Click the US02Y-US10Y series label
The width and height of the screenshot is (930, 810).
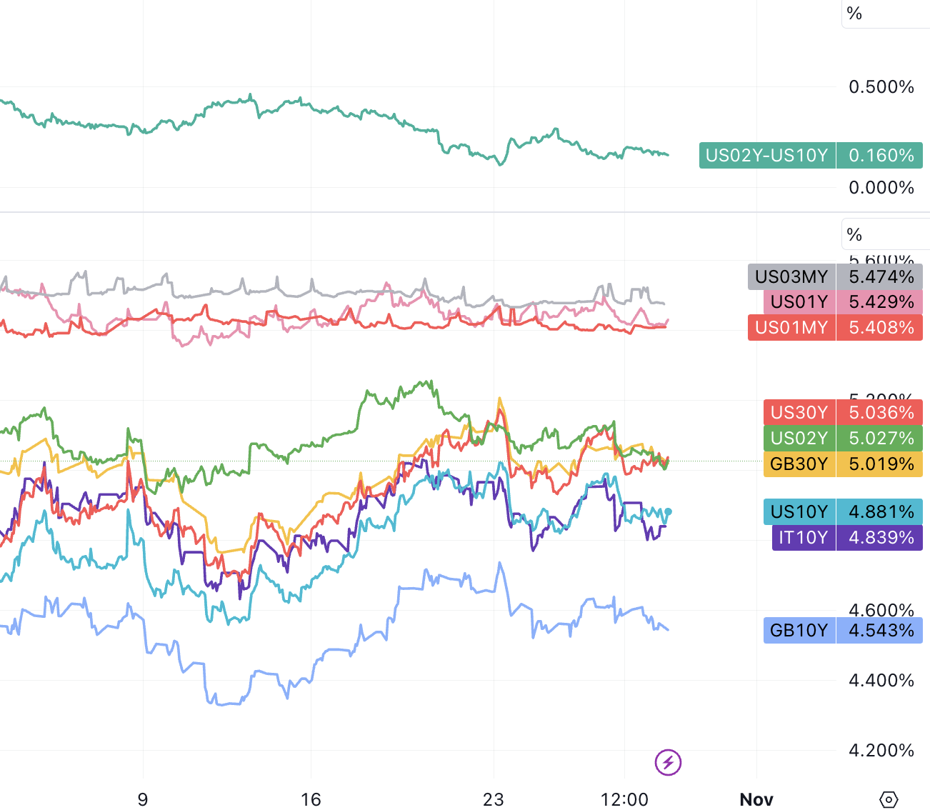tap(766, 156)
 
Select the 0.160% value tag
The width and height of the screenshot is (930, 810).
tap(880, 156)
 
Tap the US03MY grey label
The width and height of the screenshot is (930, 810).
tap(791, 277)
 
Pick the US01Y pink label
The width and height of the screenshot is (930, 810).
tap(799, 302)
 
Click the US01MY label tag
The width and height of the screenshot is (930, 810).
tap(791, 328)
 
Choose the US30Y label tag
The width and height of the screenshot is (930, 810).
tap(799, 413)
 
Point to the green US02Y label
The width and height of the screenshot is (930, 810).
tap(799, 439)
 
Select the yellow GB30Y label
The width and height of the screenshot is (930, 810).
tap(799, 464)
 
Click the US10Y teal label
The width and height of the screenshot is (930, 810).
tap(799, 512)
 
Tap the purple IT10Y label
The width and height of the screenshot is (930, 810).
tap(803, 538)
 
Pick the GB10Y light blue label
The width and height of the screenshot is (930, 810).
tap(799, 631)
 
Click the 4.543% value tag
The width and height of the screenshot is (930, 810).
tap(880, 631)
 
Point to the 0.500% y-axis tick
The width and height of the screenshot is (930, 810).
tap(881, 87)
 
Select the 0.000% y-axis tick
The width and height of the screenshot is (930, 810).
tap(881, 188)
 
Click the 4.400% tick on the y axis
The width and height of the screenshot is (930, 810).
tap(881, 681)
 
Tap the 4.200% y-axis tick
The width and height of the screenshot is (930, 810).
tap(881, 751)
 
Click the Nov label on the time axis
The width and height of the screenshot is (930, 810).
tap(756, 799)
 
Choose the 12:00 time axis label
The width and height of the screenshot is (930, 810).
tap(624, 799)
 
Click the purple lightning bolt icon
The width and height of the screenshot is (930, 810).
tap(668, 762)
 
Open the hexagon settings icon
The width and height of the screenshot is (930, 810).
tap(889, 799)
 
